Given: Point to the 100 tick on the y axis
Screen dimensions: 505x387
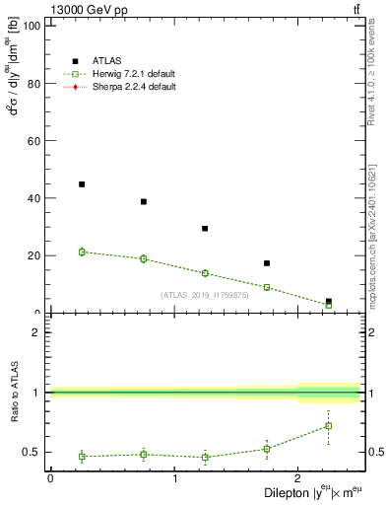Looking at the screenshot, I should (31, 27).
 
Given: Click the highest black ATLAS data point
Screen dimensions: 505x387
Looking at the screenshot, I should (82, 184).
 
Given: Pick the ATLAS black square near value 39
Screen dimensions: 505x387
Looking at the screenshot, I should (144, 201).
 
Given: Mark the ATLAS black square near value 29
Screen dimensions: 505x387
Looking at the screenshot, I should (205, 228).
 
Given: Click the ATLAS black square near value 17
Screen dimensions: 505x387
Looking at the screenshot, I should (267, 263).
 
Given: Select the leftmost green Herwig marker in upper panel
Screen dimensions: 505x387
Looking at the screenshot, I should (82, 252).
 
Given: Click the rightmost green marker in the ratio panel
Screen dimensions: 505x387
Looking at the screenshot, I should (329, 426).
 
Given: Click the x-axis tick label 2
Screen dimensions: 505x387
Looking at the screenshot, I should (298, 478).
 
